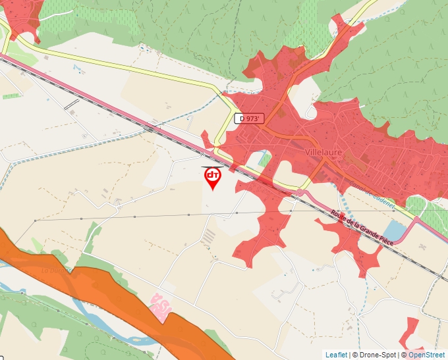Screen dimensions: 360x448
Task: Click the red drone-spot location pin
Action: pyautogui.click(x=213, y=176)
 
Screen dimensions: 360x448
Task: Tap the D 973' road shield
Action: pyautogui.click(x=249, y=118)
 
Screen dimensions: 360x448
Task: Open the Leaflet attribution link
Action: pyautogui.click(x=336, y=355)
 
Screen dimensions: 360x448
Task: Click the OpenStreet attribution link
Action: pyautogui.click(x=426, y=355)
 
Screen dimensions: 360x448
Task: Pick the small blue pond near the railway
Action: pyautogui.click(x=395, y=231)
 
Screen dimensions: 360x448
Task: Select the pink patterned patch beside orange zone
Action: pyautogui.click(x=160, y=306)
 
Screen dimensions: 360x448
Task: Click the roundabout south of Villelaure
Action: pyautogui.click(x=302, y=193)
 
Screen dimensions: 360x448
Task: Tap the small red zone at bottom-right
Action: pyautogui.click(x=411, y=332)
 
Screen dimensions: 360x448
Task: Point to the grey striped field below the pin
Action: pyautogui.click(x=208, y=236)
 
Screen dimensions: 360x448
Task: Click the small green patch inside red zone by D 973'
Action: pyautogui.click(x=265, y=159)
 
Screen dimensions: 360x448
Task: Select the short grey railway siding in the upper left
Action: pyautogui.click(x=71, y=104)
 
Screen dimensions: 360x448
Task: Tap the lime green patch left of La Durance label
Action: pyautogui.click(x=36, y=245)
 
